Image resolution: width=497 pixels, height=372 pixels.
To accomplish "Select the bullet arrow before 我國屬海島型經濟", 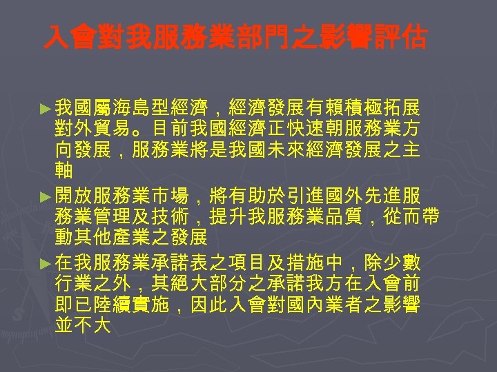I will tap(46, 109).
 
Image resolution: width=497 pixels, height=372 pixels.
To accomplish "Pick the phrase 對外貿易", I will tap(90, 129).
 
